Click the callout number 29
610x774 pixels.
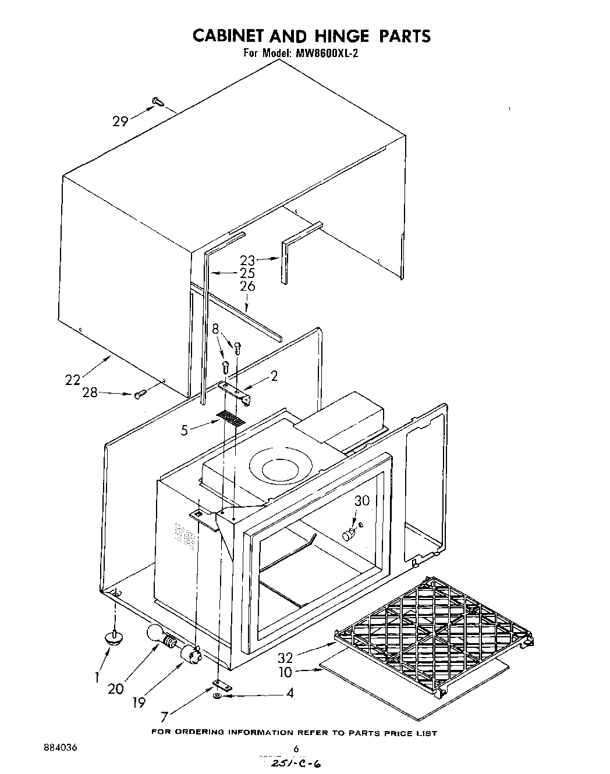[120, 122]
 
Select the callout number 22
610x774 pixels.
[73, 380]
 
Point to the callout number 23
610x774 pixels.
[248, 261]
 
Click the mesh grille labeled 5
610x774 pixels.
[230, 418]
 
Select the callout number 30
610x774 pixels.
[361, 501]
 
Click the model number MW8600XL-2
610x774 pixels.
[329, 53]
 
